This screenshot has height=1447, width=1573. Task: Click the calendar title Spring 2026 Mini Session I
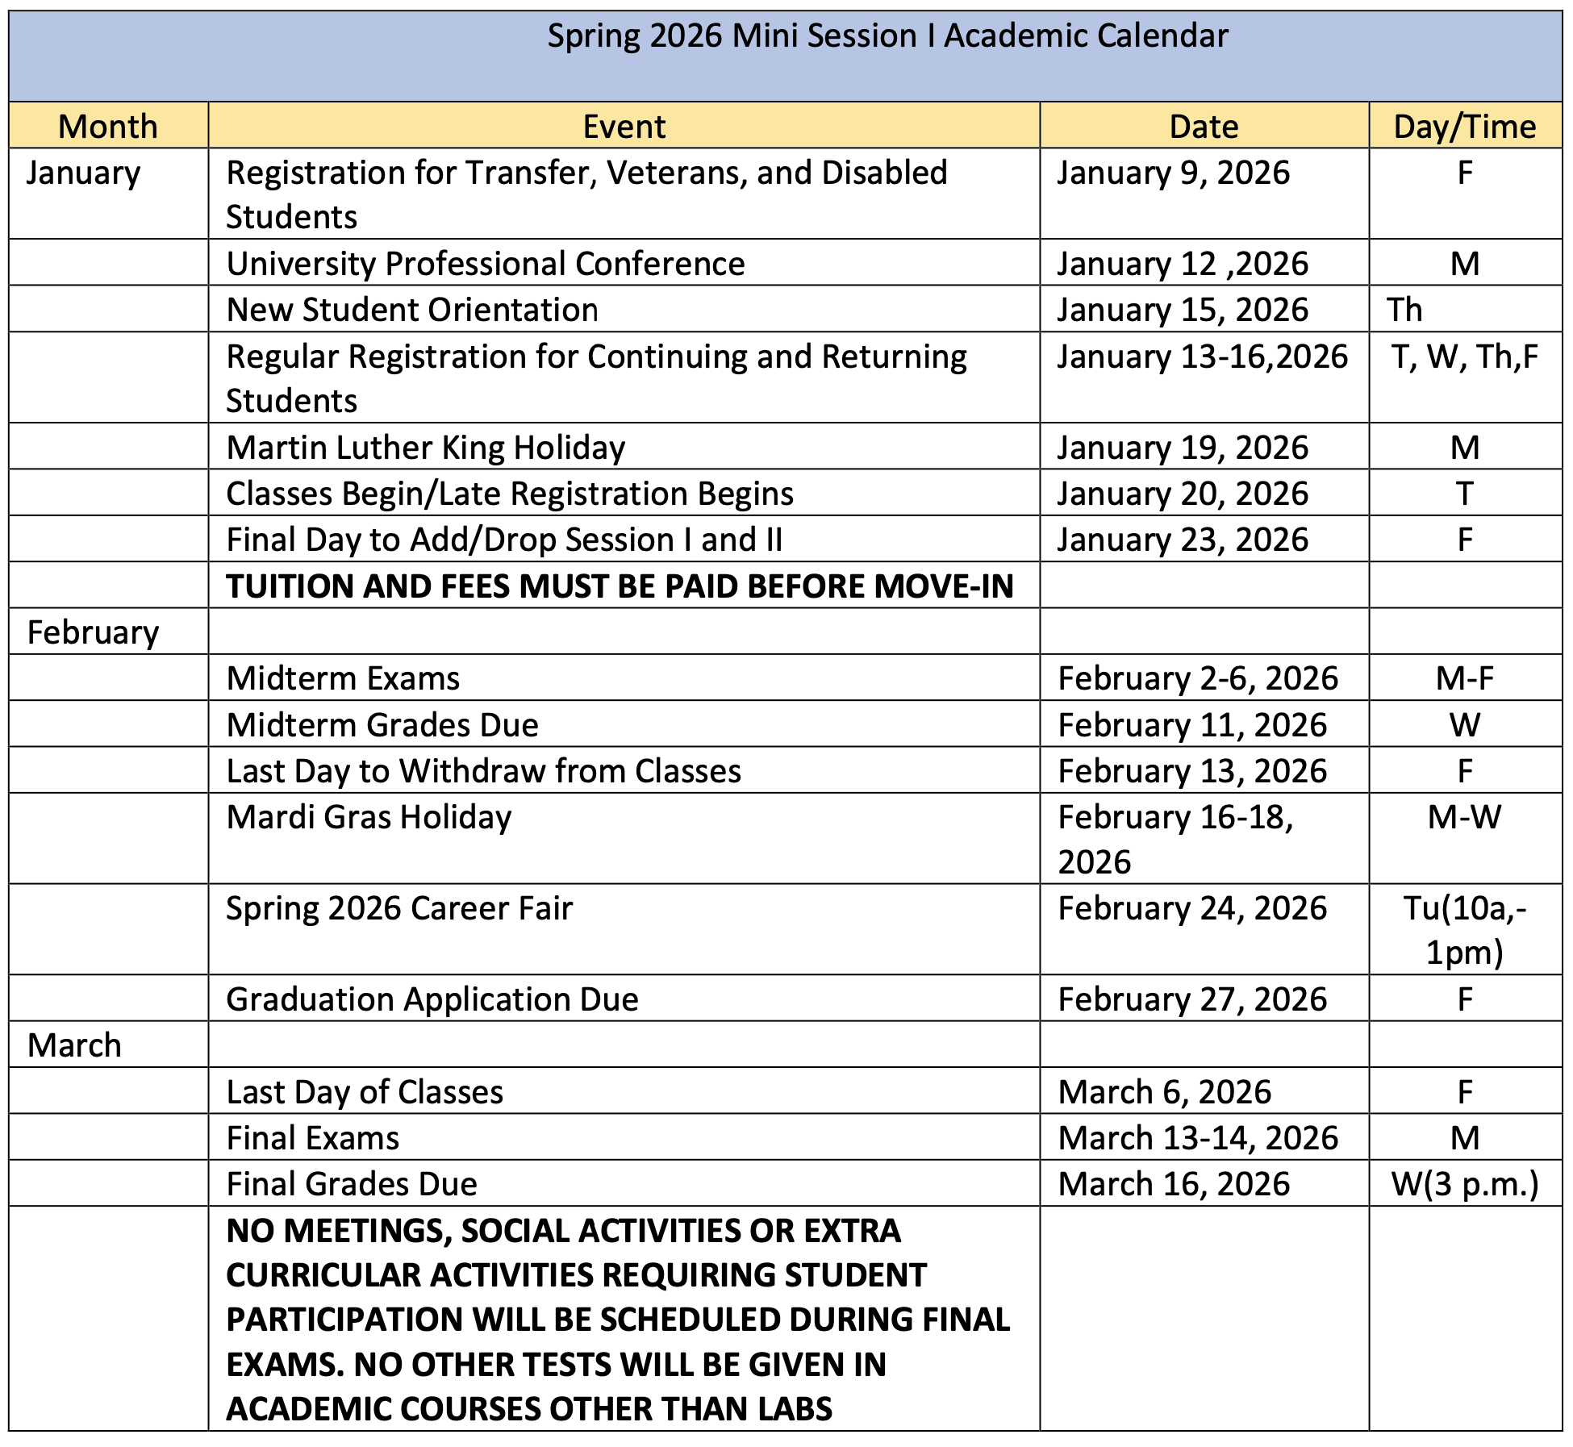tap(887, 37)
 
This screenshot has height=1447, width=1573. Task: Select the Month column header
tap(108, 127)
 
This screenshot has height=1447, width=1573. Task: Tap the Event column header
tap(624, 127)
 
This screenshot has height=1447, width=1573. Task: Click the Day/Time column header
tap(1464, 127)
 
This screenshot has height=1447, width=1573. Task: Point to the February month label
tap(93, 632)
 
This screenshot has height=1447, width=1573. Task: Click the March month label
tap(74, 1045)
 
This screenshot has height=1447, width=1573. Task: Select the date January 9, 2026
tap(1173, 173)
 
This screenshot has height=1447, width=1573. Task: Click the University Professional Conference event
tap(486, 264)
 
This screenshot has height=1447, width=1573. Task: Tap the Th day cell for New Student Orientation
tap(1404, 310)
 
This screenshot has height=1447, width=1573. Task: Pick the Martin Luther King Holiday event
tap(426, 448)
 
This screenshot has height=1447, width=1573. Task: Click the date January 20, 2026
tap(1183, 494)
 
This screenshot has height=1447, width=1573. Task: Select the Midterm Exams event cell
tap(343, 678)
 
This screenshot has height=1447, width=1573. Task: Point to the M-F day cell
tap(1464, 678)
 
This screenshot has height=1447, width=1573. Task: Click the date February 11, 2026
tap(1192, 725)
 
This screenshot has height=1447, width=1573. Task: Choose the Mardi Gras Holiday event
tap(369, 817)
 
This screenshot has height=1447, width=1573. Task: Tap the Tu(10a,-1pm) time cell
tap(1464, 930)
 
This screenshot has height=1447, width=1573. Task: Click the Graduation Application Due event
tap(432, 999)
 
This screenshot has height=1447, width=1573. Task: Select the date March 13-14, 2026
tap(1198, 1138)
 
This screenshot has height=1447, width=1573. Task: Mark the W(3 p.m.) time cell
tap(1464, 1184)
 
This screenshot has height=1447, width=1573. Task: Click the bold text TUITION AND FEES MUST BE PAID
tap(620, 586)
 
